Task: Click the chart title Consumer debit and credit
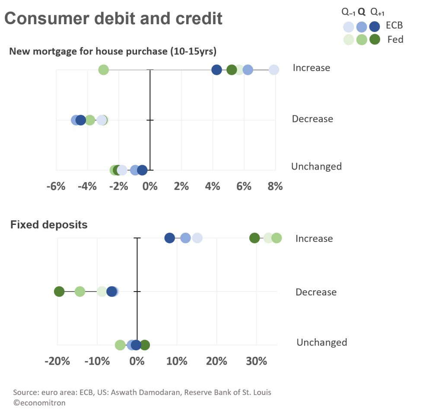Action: pos(113,19)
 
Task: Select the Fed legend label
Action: pos(395,39)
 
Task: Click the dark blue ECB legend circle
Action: pos(375,27)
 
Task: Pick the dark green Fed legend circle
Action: pos(375,39)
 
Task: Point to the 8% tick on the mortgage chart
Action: pos(275,186)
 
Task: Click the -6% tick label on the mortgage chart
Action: pos(56,186)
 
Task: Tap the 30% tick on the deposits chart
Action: pos(256,361)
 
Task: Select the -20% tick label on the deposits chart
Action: pos(57,361)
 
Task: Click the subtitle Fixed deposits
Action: pos(49,225)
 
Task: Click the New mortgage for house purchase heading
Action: pos(113,51)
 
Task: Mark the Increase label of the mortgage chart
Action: pos(311,68)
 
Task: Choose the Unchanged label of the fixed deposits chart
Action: pos(321,343)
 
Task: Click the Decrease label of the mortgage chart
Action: pos(312,119)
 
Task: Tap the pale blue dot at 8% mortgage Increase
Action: pos(274,70)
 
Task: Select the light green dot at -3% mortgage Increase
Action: pos(103,70)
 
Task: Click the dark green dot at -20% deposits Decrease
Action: pos(59,292)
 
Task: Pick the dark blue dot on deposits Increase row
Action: pos(170,238)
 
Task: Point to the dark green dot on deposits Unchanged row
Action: pos(145,345)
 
